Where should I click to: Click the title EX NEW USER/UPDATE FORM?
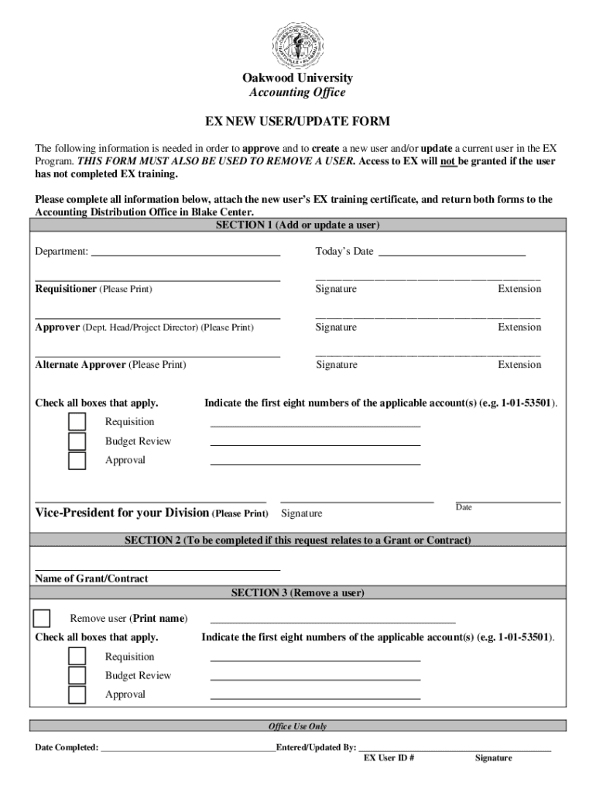click(297, 122)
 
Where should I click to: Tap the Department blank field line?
click(186, 254)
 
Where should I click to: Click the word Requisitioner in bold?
click(66, 289)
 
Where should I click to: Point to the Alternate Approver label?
click(80, 365)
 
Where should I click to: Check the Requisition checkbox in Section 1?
click(77, 422)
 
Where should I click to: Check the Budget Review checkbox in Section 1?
click(77, 441)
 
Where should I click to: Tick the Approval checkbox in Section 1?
click(77, 461)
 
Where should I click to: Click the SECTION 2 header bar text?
click(297, 541)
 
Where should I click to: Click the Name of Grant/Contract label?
click(91, 578)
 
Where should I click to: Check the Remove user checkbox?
click(42, 619)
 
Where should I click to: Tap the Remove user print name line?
click(333, 621)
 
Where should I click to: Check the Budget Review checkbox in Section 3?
click(77, 675)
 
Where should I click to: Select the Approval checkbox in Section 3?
click(77, 695)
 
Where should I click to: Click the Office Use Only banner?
click(297, 726)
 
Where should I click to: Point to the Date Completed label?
click(67, 748)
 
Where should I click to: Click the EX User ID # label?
click(389, 758)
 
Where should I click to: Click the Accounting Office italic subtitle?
click(297, 93)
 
